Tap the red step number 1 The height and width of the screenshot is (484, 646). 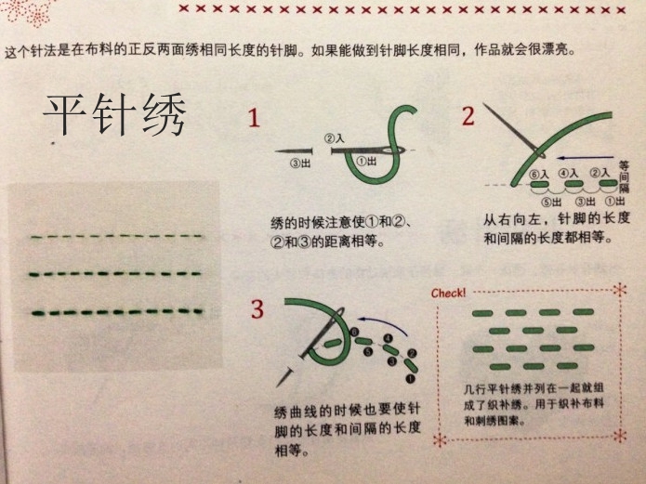(254, 118)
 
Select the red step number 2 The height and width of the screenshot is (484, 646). (468, 116)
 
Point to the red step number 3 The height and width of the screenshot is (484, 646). (257, 308)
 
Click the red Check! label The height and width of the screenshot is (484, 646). (448, 294)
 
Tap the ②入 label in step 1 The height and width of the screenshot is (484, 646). (334, 138)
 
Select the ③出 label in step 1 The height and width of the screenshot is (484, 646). (293, 164)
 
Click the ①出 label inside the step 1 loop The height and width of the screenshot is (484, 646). (366, 161)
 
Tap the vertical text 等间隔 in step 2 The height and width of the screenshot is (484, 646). (624, 174)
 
